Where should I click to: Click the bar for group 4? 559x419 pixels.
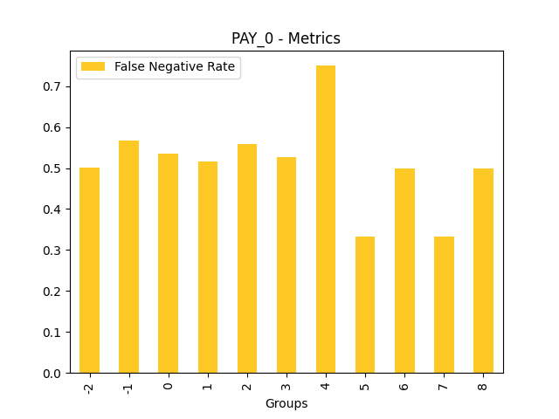pos(326,219)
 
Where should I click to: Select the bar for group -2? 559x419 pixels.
pos(89,271)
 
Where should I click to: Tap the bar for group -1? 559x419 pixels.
pos(128,257)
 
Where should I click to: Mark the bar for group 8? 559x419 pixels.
pos(483,271)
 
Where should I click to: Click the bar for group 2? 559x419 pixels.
pos(247,258)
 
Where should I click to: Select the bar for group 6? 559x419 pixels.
pos(404,271)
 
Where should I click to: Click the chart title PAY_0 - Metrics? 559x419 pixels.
pos(286,38)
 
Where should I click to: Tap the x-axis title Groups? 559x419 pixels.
pos(286,403)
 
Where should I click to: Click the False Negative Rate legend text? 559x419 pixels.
pos(175,67)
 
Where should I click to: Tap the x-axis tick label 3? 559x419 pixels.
pos(286,385)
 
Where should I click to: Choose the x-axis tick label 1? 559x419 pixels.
pos(208,385)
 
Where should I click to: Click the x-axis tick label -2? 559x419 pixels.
pos(90,387)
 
